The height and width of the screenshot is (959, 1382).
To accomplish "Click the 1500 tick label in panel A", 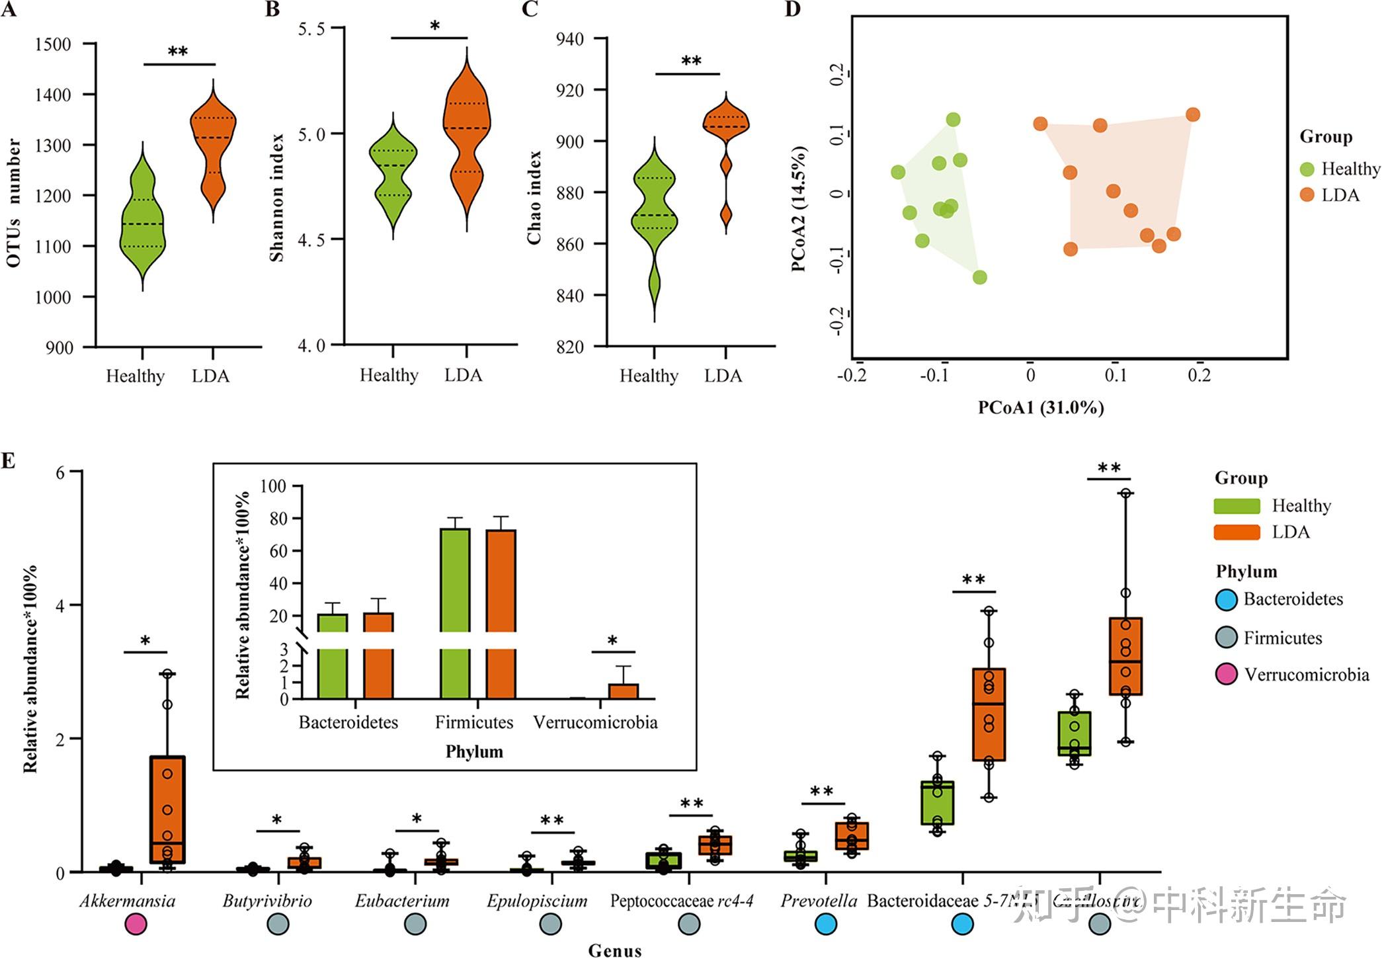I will (x=53, y=44).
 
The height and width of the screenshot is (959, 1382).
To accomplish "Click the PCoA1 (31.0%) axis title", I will (x=1041, y=407).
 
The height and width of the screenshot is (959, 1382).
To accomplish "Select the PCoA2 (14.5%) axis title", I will (x=798, y=209).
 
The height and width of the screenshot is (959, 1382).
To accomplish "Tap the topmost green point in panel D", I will (x=953, y=120).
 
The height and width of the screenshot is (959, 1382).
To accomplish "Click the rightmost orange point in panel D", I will (x=1192, y=115).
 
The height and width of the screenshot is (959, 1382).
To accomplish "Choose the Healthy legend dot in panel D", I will (x=1307, y=169).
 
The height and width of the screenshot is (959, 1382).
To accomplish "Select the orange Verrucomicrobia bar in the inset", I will (x=623, y=691).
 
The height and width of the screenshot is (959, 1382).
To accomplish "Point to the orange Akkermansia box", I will (x=167, y=810).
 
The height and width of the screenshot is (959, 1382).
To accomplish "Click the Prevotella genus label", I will (x=819, y=901).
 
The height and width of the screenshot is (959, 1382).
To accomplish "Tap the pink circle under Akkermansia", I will (x=135, y=924).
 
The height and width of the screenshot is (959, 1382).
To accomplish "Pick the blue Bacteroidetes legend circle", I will (x=1227, y=599).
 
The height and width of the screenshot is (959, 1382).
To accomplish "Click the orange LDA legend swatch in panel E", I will (x=1237, y=532).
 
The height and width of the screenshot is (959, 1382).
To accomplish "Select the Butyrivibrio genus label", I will (x=267, y=901).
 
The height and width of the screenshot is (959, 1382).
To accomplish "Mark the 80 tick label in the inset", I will (x=278, y=519).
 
